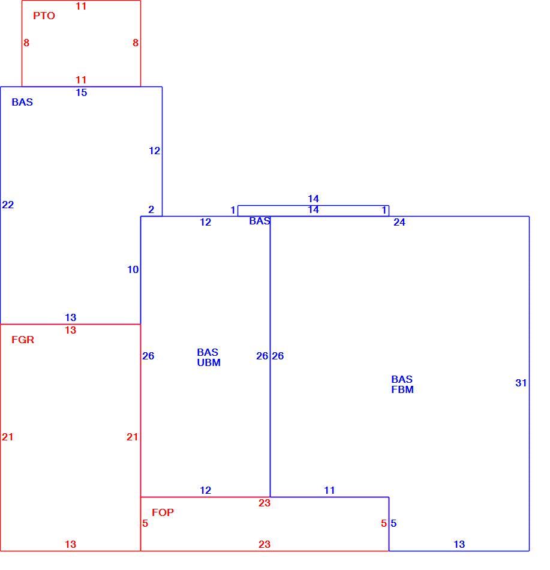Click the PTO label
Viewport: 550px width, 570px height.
(44, 16)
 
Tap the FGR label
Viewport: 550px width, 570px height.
(23, 340)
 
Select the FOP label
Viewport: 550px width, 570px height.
(163, 512)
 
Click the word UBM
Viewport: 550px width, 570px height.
(209, 362)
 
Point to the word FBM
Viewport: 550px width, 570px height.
(402, 389)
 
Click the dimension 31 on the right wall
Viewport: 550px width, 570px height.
(521, 383)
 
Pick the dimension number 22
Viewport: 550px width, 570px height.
(8, 205)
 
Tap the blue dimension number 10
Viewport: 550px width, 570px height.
(133, 269)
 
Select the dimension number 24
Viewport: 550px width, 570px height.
(399, 222)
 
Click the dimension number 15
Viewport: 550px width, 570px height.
(82, 92)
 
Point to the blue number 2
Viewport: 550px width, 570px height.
(151, 209)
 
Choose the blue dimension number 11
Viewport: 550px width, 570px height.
(329, 490)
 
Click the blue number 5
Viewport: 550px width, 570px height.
(393, 523)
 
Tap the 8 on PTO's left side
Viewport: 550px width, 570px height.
(26, 43)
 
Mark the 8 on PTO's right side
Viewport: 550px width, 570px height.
(136, 43)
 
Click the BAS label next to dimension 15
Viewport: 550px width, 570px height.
(22, 102)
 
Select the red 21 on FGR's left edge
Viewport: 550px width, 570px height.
(8, 437)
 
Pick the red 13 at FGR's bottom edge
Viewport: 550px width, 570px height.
(71, 544)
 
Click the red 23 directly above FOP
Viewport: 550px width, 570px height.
(265, 503)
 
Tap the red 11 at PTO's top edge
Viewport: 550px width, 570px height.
(81, 6)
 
